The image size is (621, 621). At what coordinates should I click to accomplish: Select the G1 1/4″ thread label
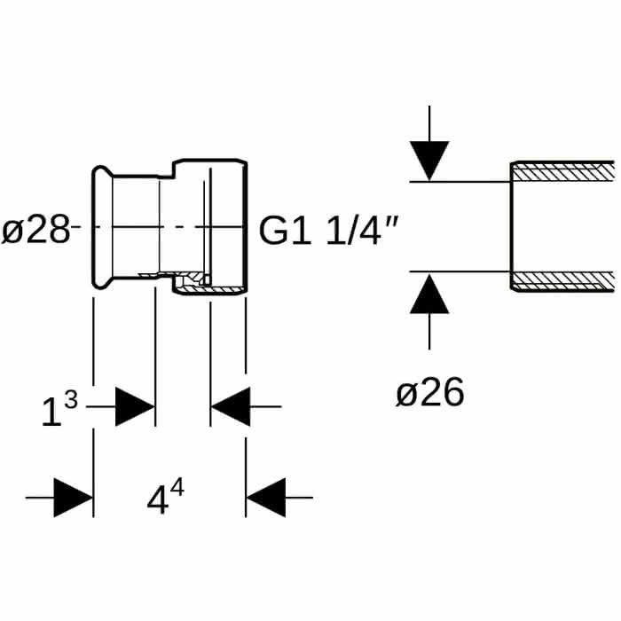click(328, 231)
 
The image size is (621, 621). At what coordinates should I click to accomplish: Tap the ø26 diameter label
click(429, 392)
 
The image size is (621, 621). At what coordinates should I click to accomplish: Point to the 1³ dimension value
click(59, 410)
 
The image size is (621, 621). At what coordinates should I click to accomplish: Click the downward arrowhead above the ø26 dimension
click(429, 161)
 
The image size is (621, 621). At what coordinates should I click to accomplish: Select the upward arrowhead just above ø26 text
click(429, 294)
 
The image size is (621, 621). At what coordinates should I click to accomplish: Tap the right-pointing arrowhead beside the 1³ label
click(135, 406)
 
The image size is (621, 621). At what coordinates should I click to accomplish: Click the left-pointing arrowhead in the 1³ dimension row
click(231, 406)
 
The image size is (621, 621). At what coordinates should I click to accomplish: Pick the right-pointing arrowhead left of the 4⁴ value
click(74, 498)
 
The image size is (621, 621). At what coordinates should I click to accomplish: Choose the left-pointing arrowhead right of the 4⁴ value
click(266, 498)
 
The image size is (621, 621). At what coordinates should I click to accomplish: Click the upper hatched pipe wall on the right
click(562, 171)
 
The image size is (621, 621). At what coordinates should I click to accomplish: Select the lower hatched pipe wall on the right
click(562, 281)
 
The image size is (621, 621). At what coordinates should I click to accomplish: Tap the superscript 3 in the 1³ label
click(71, 401)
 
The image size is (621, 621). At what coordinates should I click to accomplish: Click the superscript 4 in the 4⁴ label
click(177, 487)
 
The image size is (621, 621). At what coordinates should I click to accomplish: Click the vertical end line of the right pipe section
click(511, 226)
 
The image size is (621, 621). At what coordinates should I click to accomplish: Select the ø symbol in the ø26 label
click(406, 395)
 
